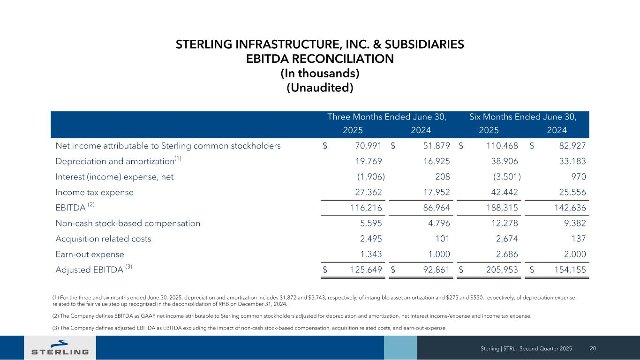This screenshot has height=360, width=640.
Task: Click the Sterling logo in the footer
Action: click(60, 348)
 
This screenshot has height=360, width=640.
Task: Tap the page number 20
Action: click(593, 348)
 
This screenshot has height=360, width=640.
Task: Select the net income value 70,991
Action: click(368, 146)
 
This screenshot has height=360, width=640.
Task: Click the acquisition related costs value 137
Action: click(580, 239)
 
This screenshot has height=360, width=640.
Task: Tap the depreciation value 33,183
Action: click(572, 161)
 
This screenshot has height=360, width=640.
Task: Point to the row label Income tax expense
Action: click(94, 192)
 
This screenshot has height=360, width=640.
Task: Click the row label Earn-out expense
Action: click(90, 254)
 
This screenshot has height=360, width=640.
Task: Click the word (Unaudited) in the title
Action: click(320, 88)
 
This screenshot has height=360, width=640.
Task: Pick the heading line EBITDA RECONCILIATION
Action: click(320, 59)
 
